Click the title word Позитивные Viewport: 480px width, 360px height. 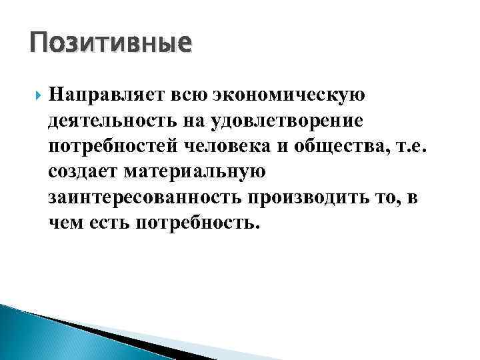coord(111,44)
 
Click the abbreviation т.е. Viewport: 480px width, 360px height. coord(414,146)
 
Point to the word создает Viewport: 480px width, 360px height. coord(85,171)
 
